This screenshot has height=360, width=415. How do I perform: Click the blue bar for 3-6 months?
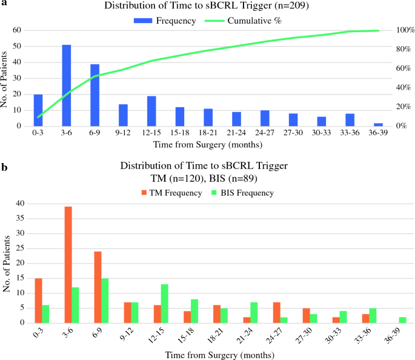(x=67, y=85)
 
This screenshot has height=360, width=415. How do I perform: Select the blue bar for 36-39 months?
(x=378, y=124)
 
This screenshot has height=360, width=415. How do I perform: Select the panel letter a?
(x=4, y=4)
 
